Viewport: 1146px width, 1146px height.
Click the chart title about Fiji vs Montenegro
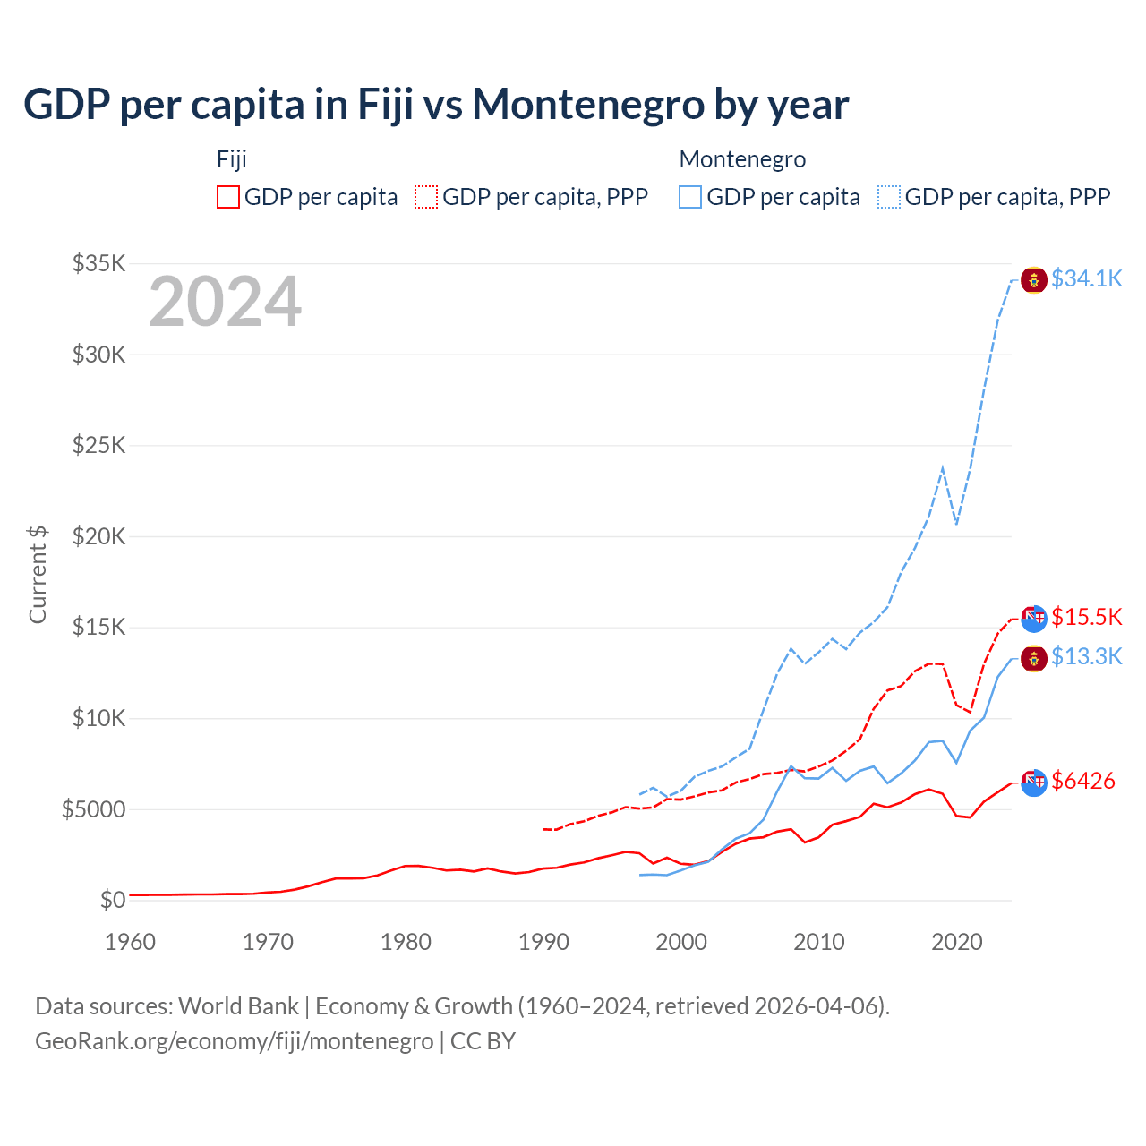(436, 105)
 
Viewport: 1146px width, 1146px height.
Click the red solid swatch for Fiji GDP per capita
(228, 197)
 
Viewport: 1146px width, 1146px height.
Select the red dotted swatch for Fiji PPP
(426, 197)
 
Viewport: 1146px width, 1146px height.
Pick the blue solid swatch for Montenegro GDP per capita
(690, 197)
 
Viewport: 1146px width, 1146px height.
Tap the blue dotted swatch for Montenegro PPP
(889, 197)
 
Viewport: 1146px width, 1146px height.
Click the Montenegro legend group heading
(742, 159)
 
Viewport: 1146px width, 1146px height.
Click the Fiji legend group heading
(232, 159)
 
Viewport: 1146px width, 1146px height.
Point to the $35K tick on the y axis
(99, 263)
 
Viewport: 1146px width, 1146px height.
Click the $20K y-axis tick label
(99, 536)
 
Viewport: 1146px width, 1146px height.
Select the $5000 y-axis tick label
(93, 809)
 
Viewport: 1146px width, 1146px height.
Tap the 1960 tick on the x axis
(131, 942)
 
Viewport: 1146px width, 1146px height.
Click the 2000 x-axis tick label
(681, 942)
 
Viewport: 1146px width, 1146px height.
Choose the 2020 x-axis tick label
(957, 942)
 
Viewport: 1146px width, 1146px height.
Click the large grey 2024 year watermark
(225, 302)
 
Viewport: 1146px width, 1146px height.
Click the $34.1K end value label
(1086, 279)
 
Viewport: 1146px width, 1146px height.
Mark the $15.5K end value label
(1086, 617)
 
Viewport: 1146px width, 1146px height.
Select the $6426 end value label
(1083, 781)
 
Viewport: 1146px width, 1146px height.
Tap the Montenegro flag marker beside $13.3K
(1034, 659)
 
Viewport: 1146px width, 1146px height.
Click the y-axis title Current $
(38, 574)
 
